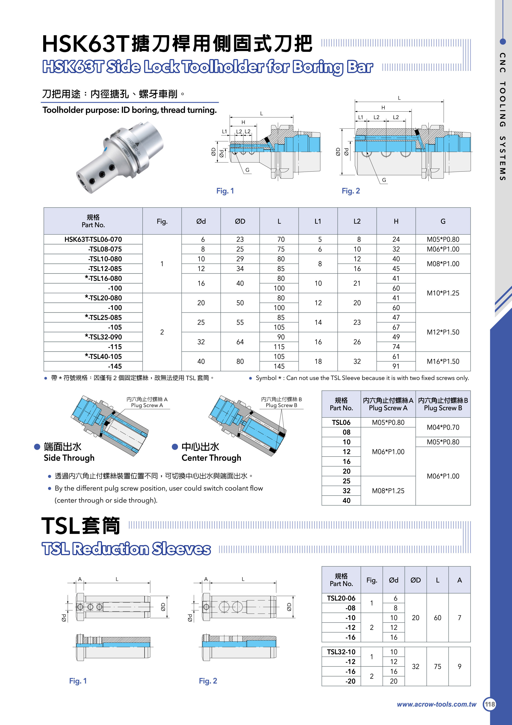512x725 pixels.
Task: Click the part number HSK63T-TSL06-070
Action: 93,239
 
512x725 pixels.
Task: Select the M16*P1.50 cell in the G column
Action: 443,361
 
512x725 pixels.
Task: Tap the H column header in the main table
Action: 396,221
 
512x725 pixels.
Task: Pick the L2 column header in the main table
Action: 357,221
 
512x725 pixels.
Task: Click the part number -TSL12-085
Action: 105,269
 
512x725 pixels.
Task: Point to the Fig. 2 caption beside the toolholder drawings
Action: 351,191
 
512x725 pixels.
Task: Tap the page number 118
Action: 490,704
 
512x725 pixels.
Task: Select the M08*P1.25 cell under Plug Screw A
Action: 388,491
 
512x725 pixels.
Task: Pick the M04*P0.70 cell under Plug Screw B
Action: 443,427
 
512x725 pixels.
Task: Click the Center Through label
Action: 211,458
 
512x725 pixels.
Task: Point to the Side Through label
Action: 69,458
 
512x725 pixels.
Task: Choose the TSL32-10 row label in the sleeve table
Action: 341,652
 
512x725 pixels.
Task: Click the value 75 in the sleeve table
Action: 437,666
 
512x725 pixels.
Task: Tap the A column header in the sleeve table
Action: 459,580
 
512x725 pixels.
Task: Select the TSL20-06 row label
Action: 341,598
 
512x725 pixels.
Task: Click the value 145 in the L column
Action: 279,366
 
